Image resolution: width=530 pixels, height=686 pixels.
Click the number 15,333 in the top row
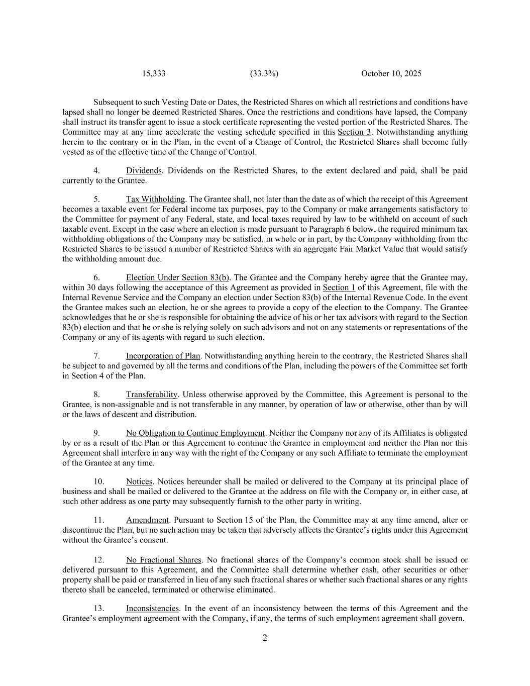point(154,73)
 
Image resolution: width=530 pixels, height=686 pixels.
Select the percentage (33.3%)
point(264,73)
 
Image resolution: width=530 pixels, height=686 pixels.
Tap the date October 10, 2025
point(391,73)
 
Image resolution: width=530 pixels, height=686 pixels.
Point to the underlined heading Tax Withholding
point(155,199)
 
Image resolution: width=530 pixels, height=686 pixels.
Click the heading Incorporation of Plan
point(163,356)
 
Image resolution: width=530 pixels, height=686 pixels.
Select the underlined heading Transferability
point(152,395)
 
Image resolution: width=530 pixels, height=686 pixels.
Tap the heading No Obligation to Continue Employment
point(195,433)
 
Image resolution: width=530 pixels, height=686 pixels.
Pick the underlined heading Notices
point(139,481)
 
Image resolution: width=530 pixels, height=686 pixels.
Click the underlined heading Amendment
point(147,520)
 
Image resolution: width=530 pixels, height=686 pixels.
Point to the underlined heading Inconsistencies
point(152,608)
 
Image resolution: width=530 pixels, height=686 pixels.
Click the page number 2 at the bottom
point(265,638)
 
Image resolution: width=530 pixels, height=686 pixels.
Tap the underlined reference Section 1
point(339,287)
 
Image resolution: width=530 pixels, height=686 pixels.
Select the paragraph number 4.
point(97,170)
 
